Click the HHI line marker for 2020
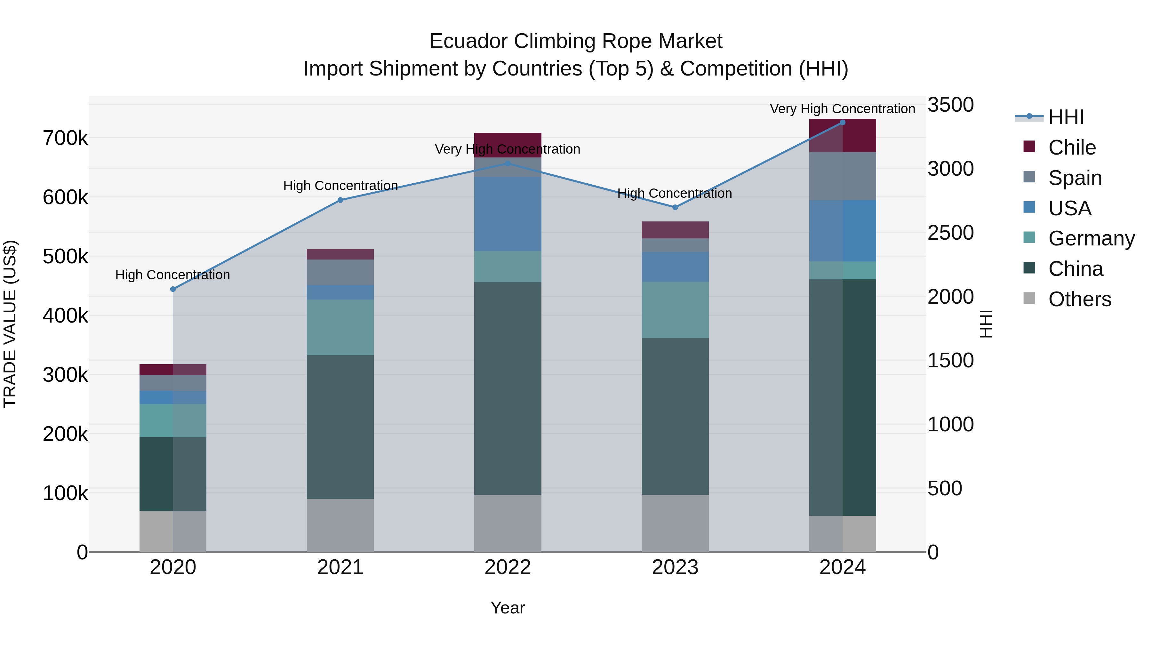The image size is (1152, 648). pos(173,289)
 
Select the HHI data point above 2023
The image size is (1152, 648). pos(675,207)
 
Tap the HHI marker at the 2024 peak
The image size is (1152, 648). pos(843,123)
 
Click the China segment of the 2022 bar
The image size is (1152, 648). pos(508,388)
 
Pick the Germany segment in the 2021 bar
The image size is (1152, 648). pos(340,327)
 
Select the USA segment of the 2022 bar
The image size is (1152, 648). pos(508,214)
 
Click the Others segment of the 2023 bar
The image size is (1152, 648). pos(675,523)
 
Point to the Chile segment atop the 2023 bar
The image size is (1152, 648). pos(675,230)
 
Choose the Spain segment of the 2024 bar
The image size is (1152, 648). pos(843,176)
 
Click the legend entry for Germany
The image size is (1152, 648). pos(1091,238)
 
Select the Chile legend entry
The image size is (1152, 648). pos(1072,148)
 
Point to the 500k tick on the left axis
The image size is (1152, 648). pos(65,257)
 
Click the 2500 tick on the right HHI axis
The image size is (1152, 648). pos(951,233)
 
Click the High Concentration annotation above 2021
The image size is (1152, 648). pos(340,186)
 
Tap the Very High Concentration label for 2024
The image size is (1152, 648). pos(843,109)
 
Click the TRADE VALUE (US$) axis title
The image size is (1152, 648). pos(10,324)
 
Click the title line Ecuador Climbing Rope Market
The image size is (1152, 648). pos(576,41)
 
